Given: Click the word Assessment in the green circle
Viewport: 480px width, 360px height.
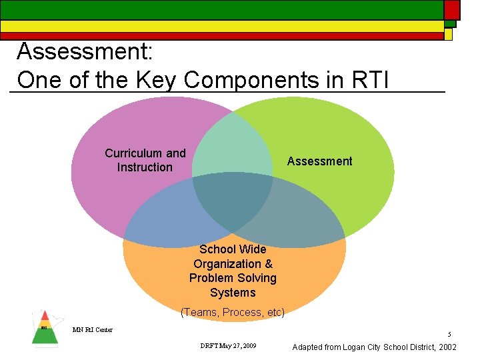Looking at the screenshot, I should (319, 161).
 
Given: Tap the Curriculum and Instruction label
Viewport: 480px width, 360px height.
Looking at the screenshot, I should (145, 160).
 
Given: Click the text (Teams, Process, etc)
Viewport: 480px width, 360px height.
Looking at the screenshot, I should (233, 312).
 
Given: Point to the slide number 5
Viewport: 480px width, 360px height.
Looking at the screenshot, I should (449, 334).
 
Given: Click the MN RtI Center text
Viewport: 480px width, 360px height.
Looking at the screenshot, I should (93, 329).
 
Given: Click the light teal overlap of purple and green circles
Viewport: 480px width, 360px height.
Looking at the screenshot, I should (233, 150).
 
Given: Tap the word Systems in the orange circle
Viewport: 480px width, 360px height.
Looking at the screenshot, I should (233, 293).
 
